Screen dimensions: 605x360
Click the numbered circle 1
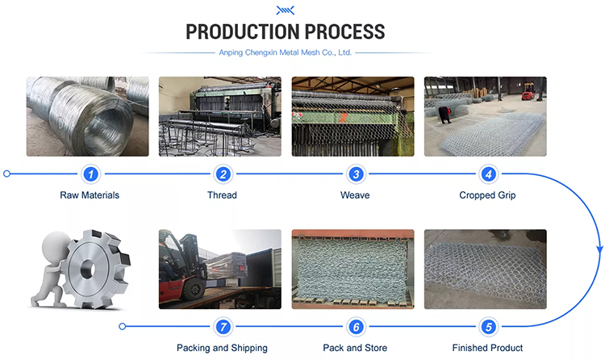tap(90, 174)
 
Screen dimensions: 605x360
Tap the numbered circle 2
tap(223, 174)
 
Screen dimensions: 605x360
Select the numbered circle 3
tap(356, 174)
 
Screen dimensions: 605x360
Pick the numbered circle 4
tap(488, 174)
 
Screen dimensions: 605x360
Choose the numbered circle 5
tap(488, 327)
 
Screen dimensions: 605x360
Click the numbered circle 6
tap(356, 327)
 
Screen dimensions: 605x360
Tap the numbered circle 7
tap(223, 327)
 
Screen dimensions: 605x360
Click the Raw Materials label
tap(90, 195)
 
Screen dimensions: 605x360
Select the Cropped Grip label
tap(487, 195)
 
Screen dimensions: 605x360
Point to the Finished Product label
tap(487, 348)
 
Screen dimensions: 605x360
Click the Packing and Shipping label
tap(222, 348)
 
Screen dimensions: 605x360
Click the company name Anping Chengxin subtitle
tap(285, 52)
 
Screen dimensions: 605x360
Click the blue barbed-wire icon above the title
tap(285, 10)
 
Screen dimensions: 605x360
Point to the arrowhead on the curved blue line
tap(599, 249)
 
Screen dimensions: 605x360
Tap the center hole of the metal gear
tap(88, 269)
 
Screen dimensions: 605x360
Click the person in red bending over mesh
tap(444, 115)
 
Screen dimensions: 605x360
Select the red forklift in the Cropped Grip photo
tap(528, 91)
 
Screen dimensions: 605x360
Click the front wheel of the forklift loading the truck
tap(192, 289)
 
